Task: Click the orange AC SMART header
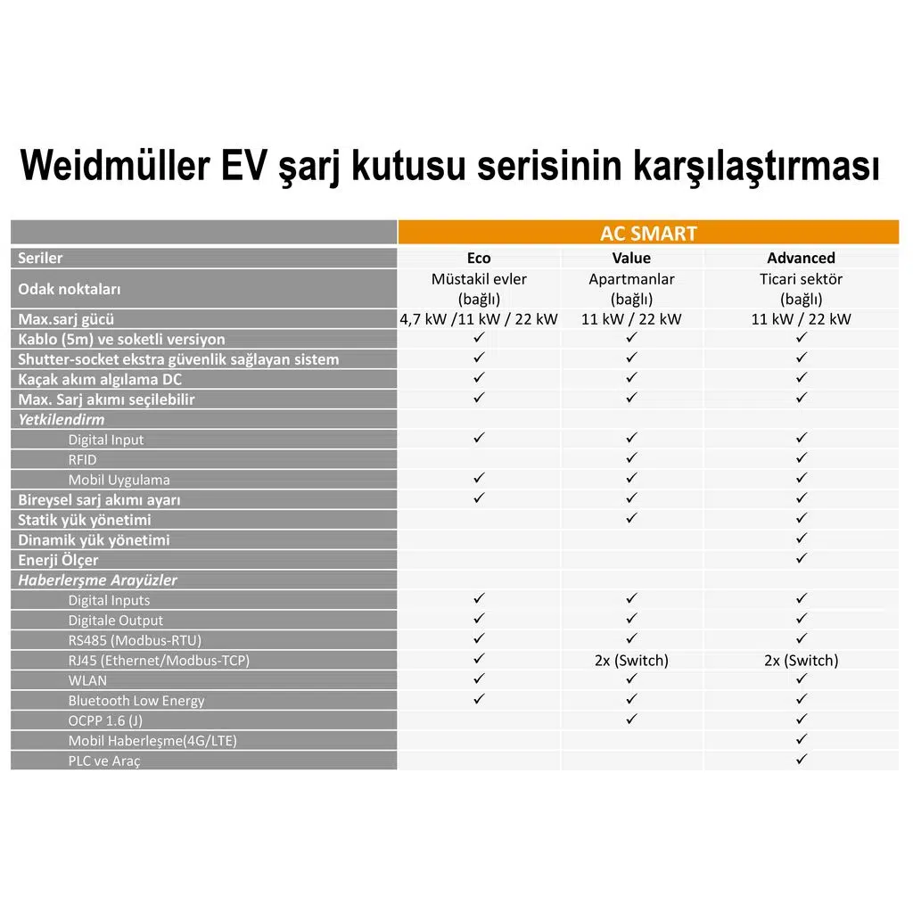[648, 234]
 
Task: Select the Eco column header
[479, 259]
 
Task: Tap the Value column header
[631, 259]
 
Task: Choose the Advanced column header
[801, 259]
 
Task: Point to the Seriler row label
[41, 259]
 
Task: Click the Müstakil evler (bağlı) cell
[479, 289]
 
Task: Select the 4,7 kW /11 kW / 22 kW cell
[479, 319]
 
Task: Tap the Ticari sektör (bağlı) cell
[801, 289]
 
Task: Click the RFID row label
[82, 460]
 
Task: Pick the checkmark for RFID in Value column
[631, 458]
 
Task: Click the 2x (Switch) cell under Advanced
[801, 661]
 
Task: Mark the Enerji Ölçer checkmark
[801, 559]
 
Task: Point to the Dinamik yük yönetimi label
[94, 540]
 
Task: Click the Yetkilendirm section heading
[62, 420]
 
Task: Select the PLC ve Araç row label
[104, 761]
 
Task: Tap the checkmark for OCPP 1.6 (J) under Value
[631, 719]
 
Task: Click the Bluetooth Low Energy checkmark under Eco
[479, 699]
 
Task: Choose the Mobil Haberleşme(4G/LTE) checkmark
[801, 739]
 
